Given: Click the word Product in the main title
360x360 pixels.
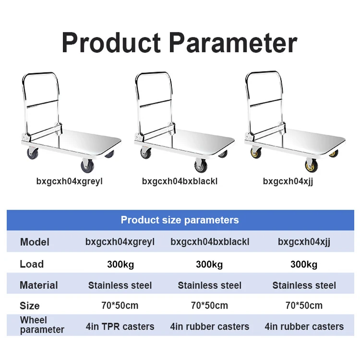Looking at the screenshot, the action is coord(111,43).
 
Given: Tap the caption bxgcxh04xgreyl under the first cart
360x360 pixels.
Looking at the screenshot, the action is coord(69,181).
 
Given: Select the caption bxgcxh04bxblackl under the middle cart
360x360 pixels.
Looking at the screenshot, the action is coord(180,181).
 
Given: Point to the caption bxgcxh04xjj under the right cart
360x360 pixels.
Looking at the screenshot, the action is coord(288,181).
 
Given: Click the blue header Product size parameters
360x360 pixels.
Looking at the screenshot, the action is coord(180,220).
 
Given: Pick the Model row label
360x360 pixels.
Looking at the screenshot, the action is coord(35,242).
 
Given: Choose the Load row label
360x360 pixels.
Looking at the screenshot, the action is coord(32,264).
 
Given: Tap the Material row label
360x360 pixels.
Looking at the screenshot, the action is coord(39,285).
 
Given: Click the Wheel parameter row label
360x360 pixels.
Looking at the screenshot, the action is coord(42,325).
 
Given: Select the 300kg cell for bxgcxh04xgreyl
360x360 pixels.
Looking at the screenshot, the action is coord(120,264).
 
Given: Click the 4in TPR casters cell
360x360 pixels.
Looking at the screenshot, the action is coord(120,326).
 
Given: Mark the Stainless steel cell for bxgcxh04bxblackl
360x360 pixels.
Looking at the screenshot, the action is coord(210,286).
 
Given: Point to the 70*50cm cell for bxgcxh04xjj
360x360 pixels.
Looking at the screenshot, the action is coord(304,306).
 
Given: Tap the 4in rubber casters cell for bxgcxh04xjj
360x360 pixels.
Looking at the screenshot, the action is coord(304,326).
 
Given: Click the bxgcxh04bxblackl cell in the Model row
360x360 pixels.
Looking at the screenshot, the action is coord(210,242).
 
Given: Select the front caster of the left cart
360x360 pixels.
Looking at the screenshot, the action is coord(88,166).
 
